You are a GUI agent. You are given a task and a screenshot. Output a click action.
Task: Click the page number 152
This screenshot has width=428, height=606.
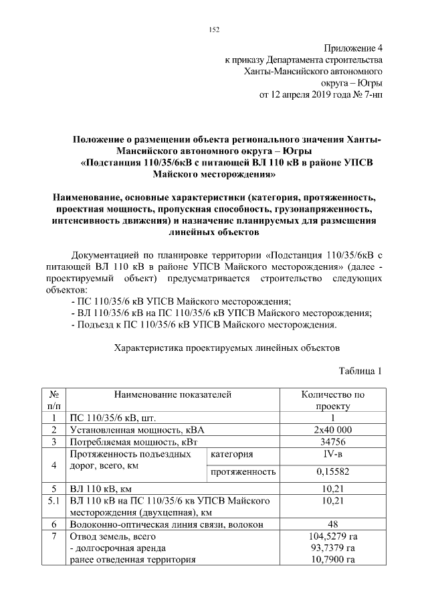tap(214, 29)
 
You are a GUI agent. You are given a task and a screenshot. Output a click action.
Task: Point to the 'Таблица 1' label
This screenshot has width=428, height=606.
tap(361, 372)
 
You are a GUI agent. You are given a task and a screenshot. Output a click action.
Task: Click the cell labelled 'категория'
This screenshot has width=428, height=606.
tap(231, 455)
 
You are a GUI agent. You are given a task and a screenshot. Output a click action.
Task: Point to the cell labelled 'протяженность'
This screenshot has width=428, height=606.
tap(243, 472)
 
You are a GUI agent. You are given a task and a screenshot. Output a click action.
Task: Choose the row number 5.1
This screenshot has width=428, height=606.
tap(53, 500)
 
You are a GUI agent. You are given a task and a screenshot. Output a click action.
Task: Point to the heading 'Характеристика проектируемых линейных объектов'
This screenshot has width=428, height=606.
tap(227, 348)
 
